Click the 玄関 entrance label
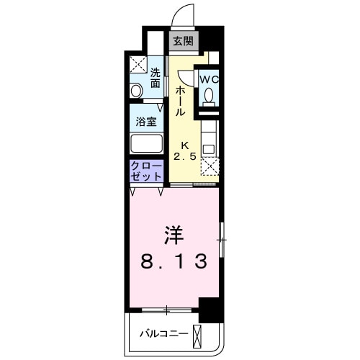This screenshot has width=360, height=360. click(181, 42)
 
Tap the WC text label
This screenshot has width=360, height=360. click(209, 78)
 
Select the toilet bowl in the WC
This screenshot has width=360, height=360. click(209, 96)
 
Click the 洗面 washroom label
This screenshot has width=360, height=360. click(156, 78)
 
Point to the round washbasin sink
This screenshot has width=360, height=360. click(137, 91)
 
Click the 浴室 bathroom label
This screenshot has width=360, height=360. click(147, 121)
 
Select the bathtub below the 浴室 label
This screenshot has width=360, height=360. click(146, 142)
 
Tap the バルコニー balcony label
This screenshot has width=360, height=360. click(164, 333)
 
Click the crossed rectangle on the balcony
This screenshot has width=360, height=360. click(199, 335)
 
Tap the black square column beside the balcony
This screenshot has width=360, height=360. click(207, 312)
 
